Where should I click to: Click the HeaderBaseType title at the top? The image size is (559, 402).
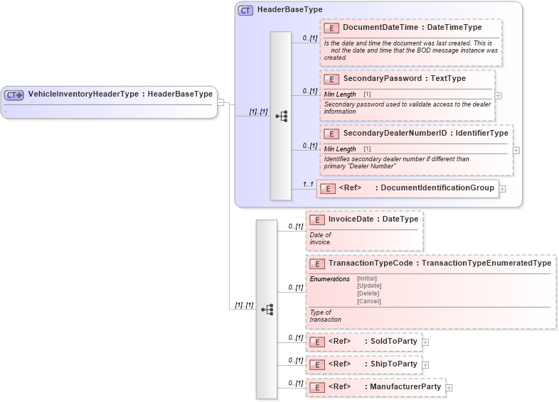289,10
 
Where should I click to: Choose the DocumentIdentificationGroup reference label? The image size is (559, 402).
437,188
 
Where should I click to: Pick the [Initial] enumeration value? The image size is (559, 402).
367,278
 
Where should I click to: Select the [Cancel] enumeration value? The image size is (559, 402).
368,301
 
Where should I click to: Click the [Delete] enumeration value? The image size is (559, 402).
368,293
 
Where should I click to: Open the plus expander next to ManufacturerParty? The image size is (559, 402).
449,388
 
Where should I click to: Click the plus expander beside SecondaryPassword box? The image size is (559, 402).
498,95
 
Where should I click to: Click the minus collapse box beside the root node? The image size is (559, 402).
220,102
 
